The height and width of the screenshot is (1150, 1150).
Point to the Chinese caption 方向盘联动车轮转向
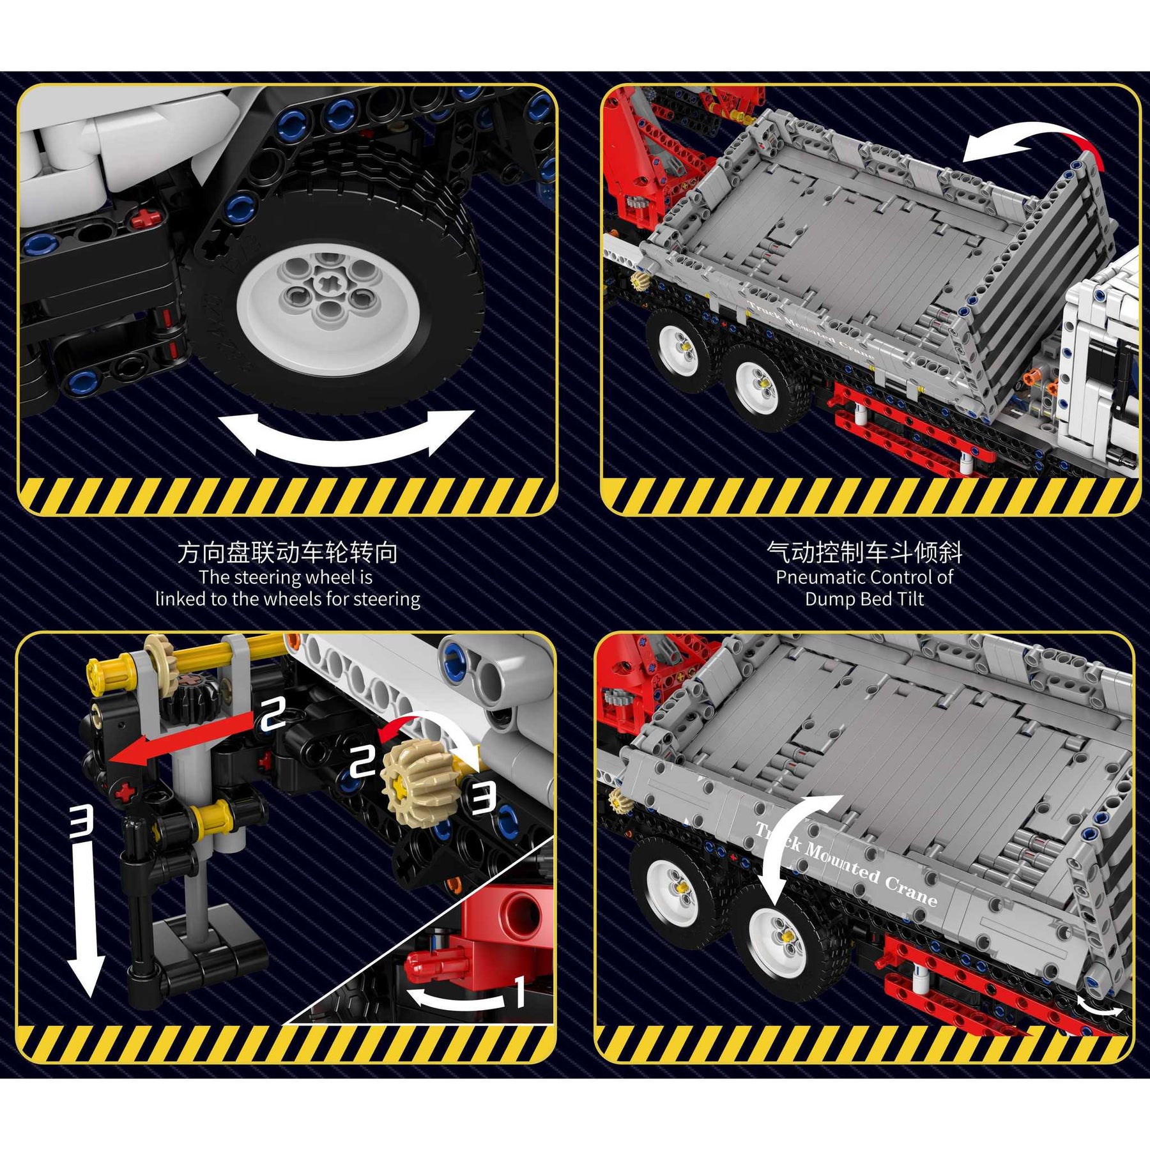(287, 552)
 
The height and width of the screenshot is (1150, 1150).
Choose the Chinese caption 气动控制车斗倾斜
(864, 552)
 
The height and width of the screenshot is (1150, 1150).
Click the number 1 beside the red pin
(520, 991)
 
